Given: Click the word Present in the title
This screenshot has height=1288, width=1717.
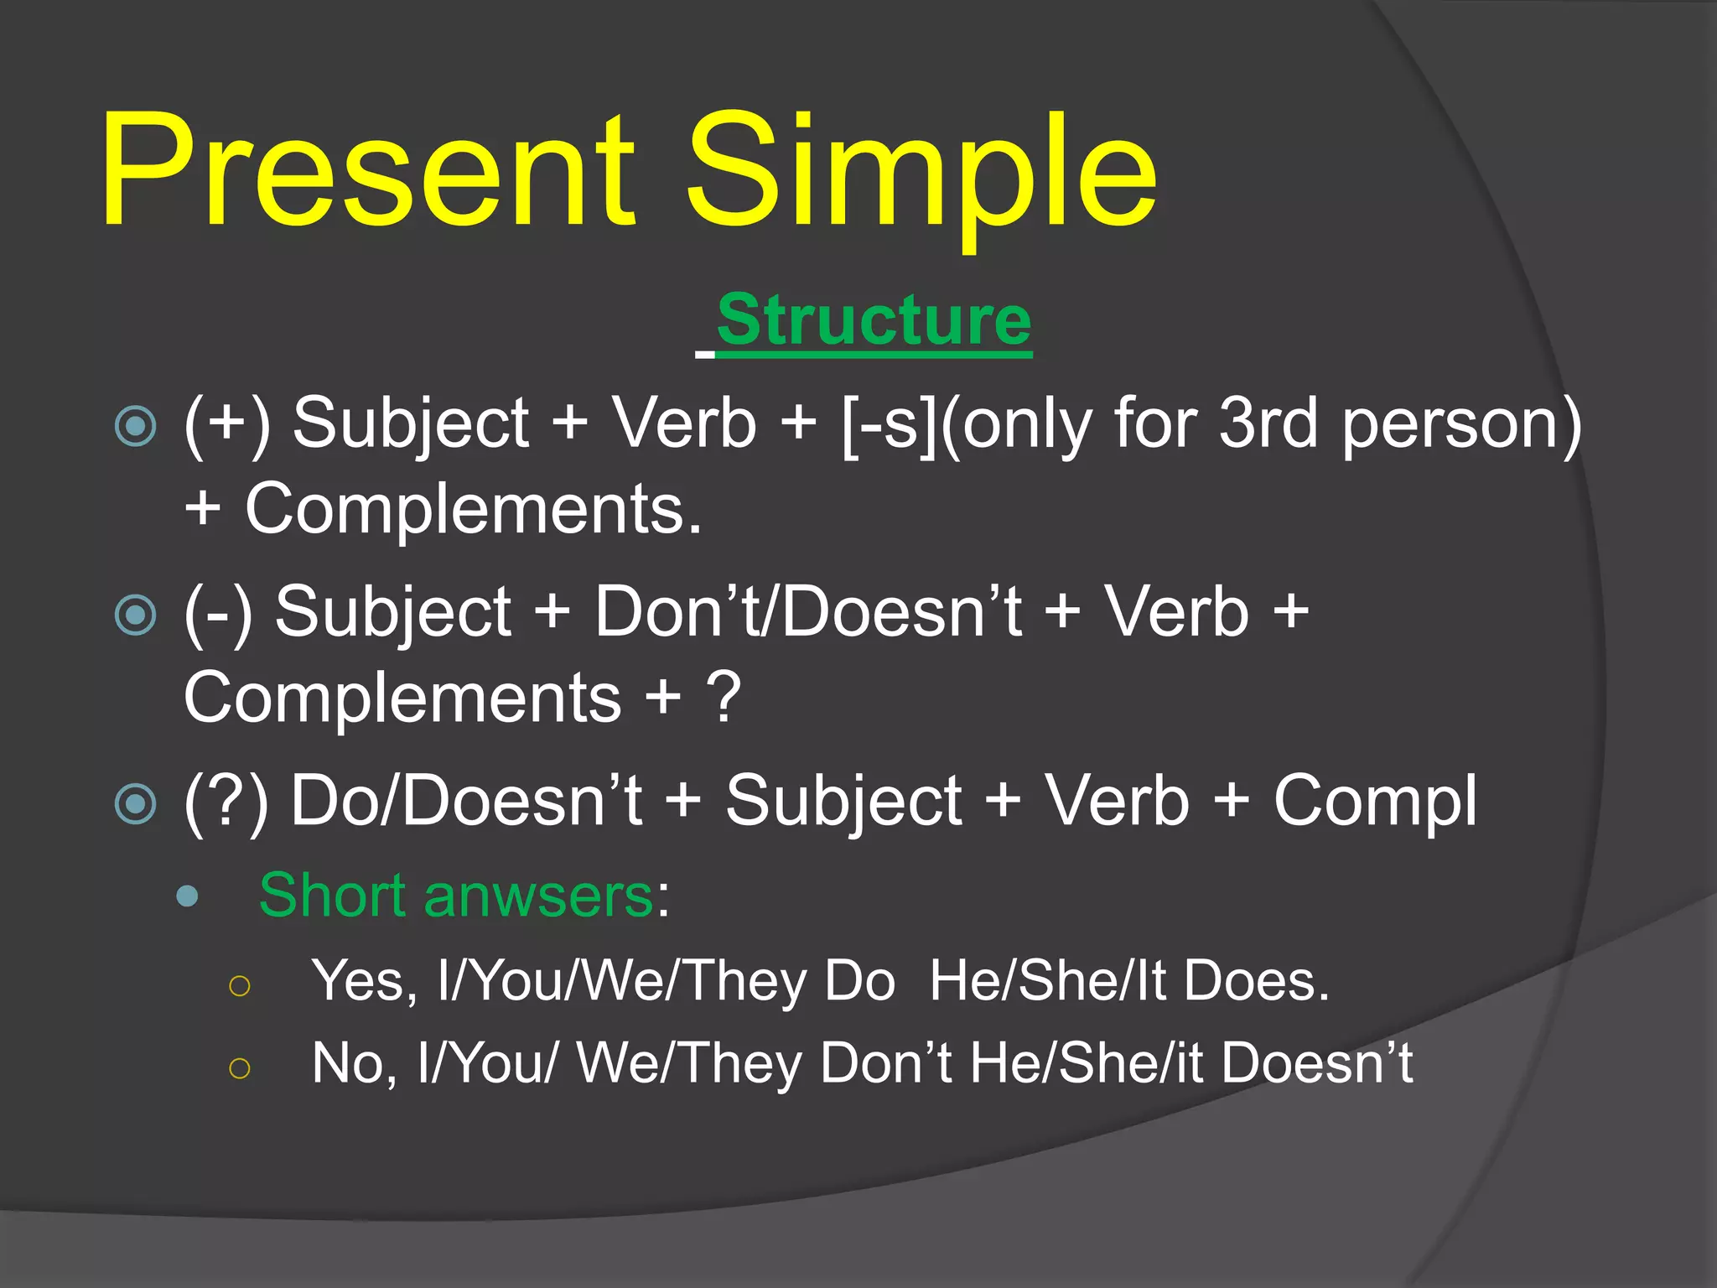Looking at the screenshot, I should (369, 172).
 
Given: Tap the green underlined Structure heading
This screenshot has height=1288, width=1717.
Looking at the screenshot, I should (874, 321).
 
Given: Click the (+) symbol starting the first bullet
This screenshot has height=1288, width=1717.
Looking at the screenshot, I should (227, 424).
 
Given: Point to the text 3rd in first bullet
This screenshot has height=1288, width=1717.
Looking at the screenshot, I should (1268, 423).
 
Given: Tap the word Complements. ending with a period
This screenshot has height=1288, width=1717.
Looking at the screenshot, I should (474, 510).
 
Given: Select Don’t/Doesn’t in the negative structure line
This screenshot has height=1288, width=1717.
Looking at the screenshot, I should (808, 611).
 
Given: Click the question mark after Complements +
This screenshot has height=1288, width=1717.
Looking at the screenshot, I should (724, 698).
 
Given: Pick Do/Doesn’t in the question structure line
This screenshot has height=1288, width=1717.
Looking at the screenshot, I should (466, 801).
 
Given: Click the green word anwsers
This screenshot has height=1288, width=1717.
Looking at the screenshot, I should (538, 896).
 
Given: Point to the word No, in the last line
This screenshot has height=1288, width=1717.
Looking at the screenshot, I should (355, 1063).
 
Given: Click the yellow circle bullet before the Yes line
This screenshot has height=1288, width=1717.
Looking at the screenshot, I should (240, 985).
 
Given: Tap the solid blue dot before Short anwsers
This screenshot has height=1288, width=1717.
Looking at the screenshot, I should (188, 896).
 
